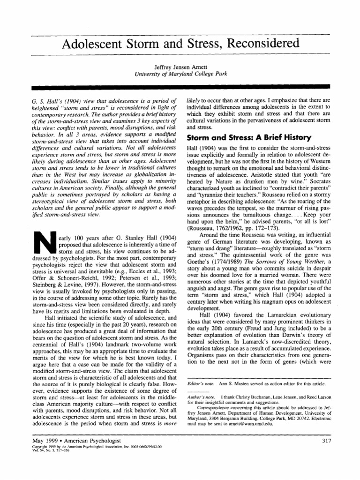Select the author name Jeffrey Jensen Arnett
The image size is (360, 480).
point(180,67)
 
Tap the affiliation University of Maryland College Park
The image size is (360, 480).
point(180,74)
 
